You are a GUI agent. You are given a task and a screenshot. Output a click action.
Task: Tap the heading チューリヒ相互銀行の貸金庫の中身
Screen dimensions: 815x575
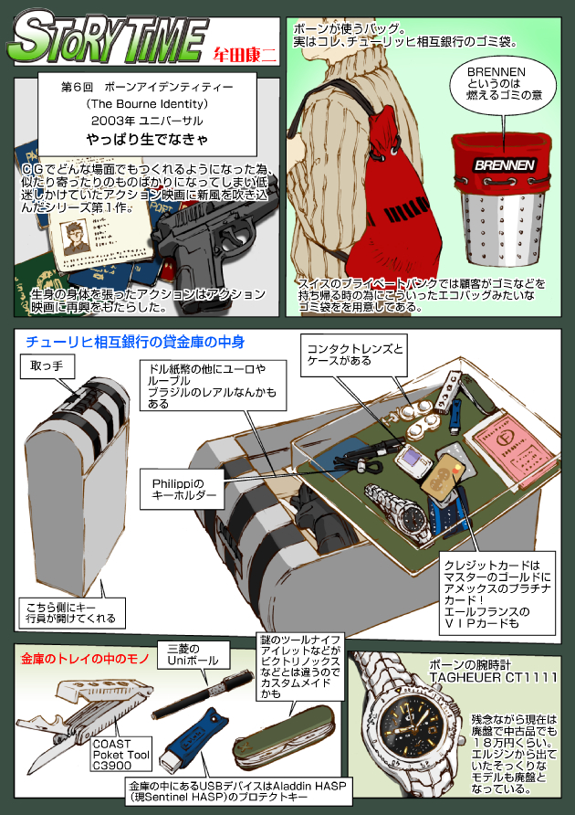click(x=134, y=343)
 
